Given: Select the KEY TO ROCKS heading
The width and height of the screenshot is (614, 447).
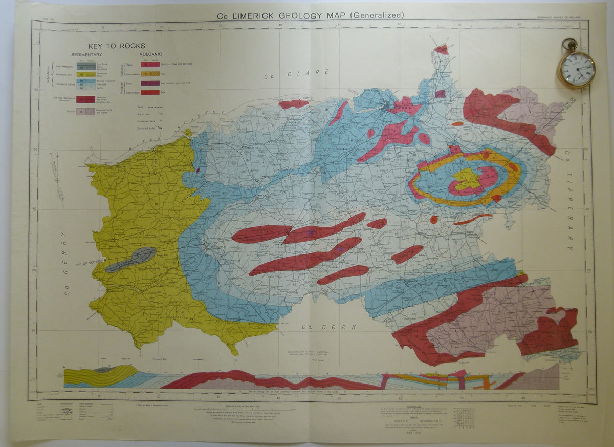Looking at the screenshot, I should point(117,46).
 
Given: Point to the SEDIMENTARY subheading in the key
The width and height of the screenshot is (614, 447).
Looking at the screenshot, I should point(86,55).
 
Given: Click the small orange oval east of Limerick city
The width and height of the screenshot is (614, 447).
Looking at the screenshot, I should point(457,123).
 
